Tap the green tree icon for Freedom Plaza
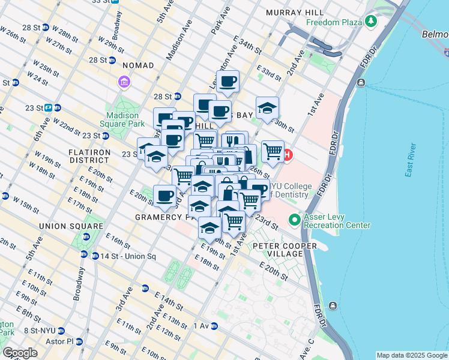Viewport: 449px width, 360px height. pyautogui.click(x=371, y=22)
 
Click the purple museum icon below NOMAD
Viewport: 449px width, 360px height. pyautogui.click(x=125, y=82)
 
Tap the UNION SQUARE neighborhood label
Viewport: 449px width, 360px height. pyautogui.click(x=67, y=226)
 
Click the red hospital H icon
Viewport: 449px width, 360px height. pyautogui.click(x=287, y=155)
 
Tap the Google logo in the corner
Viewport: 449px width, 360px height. pyautogui.click(x=20, y=353)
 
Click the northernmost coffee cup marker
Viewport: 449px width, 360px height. pyautogui.click(x=228, y=82)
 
